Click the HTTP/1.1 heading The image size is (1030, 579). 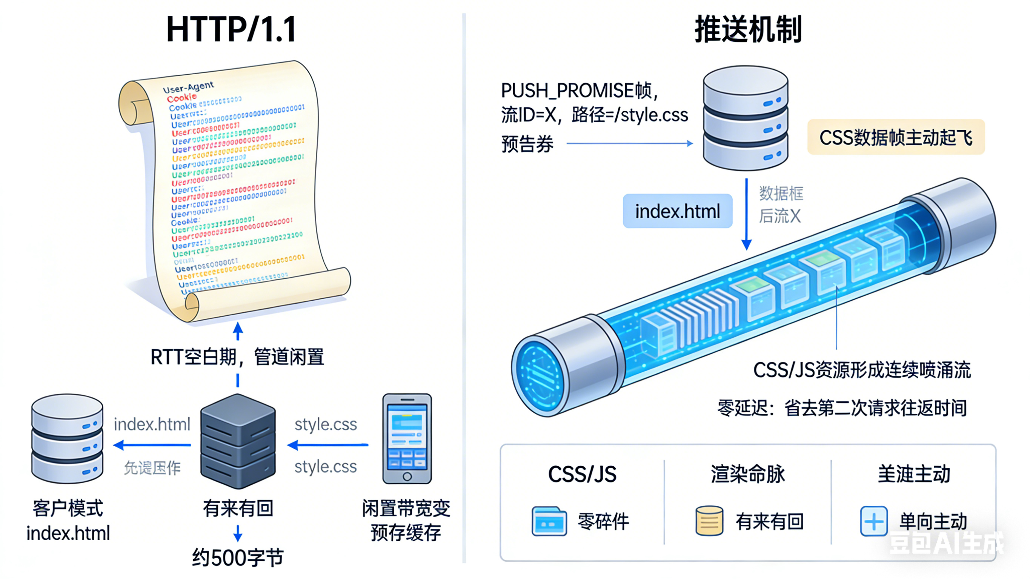(x=231, y=29)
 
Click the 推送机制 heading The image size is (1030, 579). (x=748, y=29)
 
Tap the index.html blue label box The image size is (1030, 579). (x=677, y=211)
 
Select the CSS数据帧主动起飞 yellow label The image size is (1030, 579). (x=896, y=137)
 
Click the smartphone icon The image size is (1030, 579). (x=407, y=438)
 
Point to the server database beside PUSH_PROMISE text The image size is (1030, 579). (x=745, y=119)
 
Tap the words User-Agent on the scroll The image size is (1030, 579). (x=188, y=87)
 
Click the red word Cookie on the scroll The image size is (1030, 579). (x=181, y=98)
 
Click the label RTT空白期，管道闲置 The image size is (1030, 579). (x=237, y=357)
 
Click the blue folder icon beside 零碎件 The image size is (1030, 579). (x=549, y=521)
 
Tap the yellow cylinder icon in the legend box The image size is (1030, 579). (x=709, y=521)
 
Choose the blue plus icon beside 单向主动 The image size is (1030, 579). (x=874, y=521)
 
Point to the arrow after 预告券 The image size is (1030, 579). (x=629, y=143)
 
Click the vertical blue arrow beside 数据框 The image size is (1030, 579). (x=746, y=214)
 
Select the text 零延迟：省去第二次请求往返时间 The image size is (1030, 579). (x=842, y=408)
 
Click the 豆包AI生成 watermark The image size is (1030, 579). (x=946, y=543)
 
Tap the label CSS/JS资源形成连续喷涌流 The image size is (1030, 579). (x=862, y=370)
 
